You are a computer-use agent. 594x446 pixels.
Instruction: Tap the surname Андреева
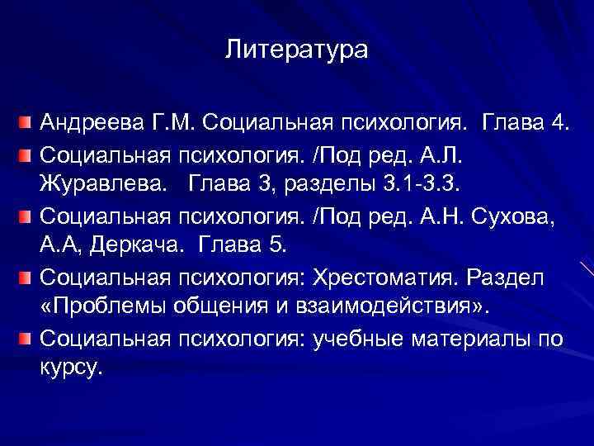click(x=89, y=125)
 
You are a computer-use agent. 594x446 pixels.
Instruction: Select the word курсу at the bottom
click(x=71, y=369)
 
